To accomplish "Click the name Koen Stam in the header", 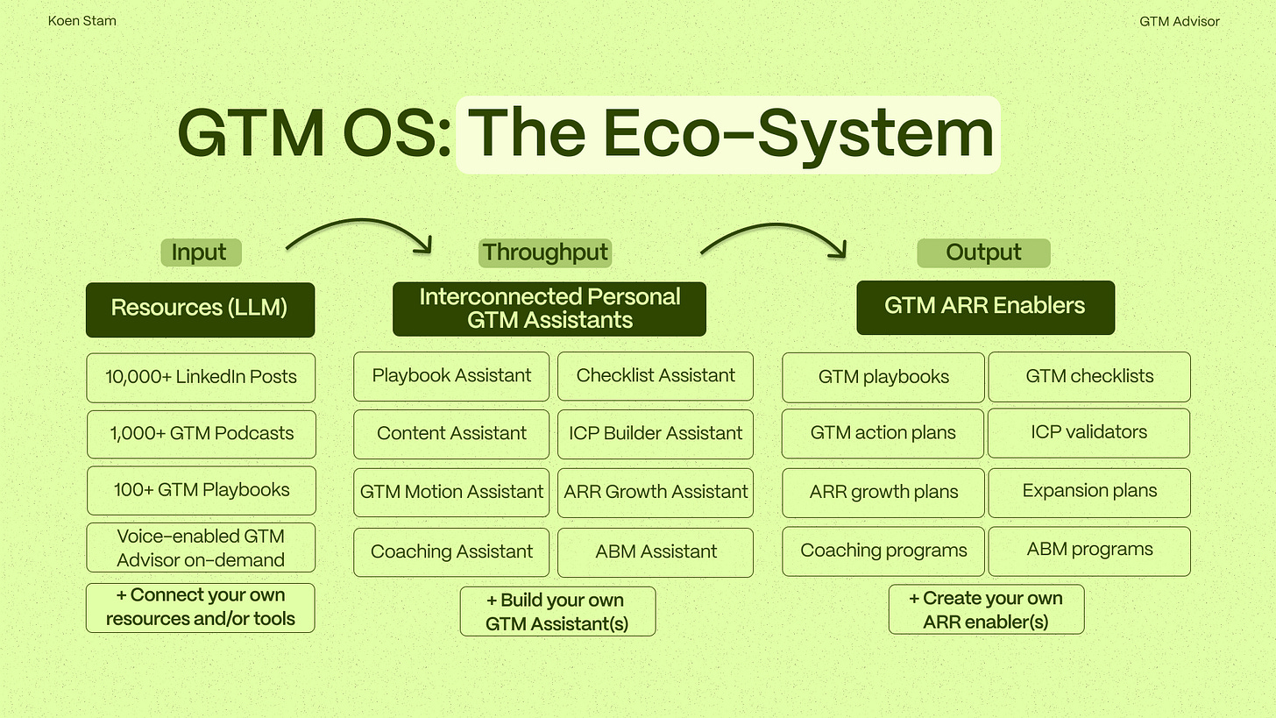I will click(x=82, y=21).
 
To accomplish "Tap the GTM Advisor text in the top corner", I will click(x=1179, y=21).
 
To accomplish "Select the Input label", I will click(x=200, y=252).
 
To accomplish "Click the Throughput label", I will click(x=544, y=252).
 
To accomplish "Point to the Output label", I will click(x=983, y=252).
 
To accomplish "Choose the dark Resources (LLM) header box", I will click(x=200, y=309).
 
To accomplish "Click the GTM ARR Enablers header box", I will click(x=985, y=307).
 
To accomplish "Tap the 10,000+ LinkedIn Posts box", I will click(x=201, y=378).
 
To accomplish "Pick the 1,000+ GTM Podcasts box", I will click(x=201, y=434).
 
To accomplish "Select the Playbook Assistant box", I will click(x=451, y=376).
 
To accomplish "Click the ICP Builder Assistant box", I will click(x=655, y=434).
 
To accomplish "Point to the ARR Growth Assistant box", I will click(x=655, y=493).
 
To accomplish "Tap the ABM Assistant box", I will click(x=655, y=552).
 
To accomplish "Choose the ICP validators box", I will click(x=1088, y=432).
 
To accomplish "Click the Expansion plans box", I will click(x=1088, y=492).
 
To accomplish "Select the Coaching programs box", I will click(x=883, y=551).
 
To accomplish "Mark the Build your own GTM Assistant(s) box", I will click(x=557, y=612).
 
